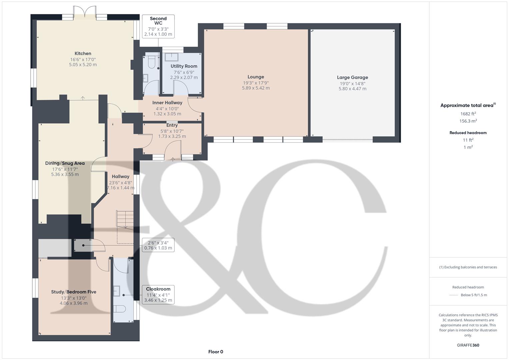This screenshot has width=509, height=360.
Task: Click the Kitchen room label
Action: (x=83, y=53)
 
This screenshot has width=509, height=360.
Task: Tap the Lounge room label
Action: (x=256, y=77)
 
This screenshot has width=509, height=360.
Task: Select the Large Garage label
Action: (x=352, y=77)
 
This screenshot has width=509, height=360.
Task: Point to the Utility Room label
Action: (x=184, y=66)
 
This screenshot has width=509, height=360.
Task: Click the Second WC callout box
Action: (x=158, y=26)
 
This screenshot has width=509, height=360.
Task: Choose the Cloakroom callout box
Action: (x=158, y=294)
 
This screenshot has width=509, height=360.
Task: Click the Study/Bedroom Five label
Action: (x=74, y=292)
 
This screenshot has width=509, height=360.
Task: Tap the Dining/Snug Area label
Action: (x=65, y=163)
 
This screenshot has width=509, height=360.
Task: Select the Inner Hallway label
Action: (x=167, y=103)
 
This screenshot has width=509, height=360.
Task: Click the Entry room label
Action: (x=172, y=125)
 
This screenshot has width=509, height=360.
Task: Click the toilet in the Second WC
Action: (x=152, y=62)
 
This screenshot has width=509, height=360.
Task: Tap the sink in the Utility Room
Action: (x=172, y=57)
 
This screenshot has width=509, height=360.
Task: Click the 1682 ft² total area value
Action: (x=468, y=114)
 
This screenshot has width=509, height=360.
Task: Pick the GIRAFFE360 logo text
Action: (x=468, y=345)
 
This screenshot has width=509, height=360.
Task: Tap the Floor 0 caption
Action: (x=216, y=352)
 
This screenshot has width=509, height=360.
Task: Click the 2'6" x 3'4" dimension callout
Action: (x=158, y=245)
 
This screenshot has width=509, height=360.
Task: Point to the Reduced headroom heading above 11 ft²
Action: (x=468, y=133)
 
